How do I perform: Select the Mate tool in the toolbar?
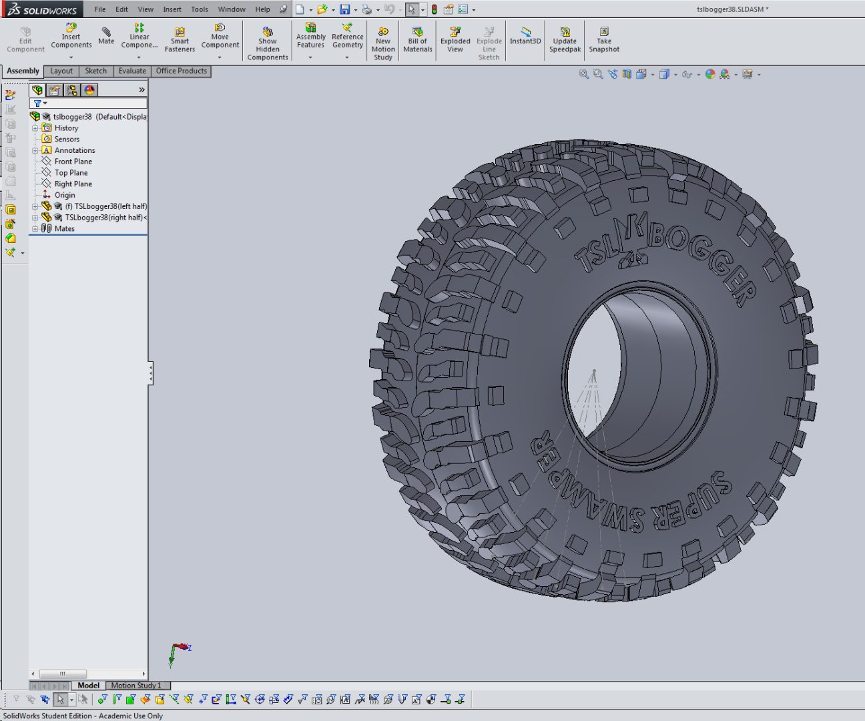pos(106,36)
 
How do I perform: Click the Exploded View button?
pos(455,40)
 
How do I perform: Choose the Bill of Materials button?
pos(418,40)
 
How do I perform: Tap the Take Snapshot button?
pos(604,40)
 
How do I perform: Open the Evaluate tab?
pos(132,71)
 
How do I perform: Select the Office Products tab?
pos(182,71)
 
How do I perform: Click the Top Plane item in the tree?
pos(71,173)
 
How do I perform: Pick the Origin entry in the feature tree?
pos(65,195)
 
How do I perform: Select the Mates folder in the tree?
pos(64,228)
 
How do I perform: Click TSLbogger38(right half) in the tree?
pos(103,218)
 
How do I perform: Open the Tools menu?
pos(199,9)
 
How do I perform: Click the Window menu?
pos(232,9)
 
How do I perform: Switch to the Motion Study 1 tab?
pos(136,686)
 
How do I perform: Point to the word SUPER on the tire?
pos(694,501)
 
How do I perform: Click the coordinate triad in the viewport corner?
pos(178,652)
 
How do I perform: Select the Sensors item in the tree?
pos(67,140)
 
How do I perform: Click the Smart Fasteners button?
pos(180,40)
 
